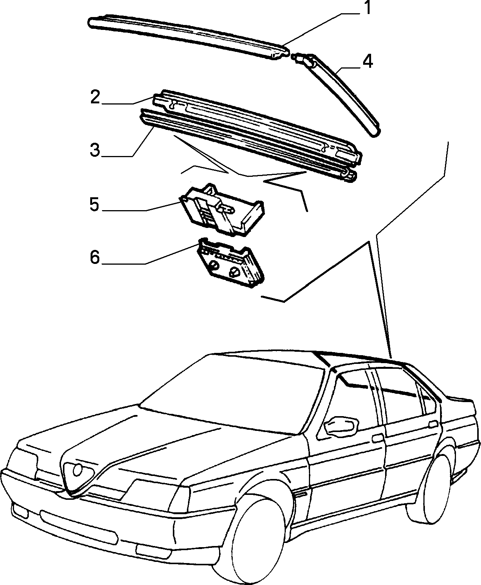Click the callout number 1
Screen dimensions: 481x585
pyautogui.click(x=367, y=8)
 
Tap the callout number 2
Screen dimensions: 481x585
pyautogui.click(x=95, y=97)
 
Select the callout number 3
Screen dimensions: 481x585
pyautogui.click(x=95, y=150)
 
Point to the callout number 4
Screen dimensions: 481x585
pyautogui.click(x=367, y=61)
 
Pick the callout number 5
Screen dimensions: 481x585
pyautogui.click(x=94, y=205)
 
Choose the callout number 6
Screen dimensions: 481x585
pyautogui.click(x=95, y=257)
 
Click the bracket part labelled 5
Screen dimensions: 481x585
pyautogui.click(x=222, y=210)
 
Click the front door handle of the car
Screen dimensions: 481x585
pyautogui.click(x=377, y=439)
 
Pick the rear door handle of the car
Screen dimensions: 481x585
pyautogui.click(x=434, y=424)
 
